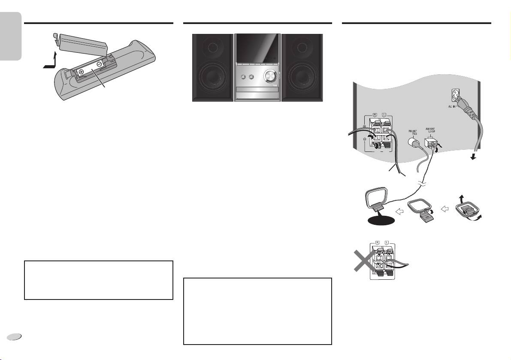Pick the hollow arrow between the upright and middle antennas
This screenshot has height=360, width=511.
point(399,211)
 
